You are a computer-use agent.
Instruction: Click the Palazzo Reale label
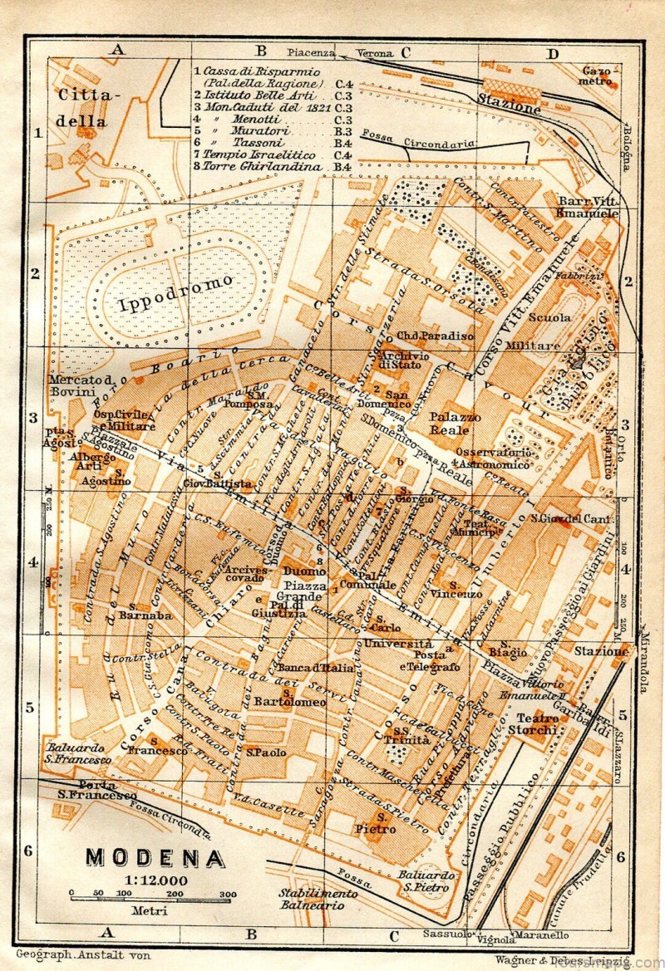[451, 423]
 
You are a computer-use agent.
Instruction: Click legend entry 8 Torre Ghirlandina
[259, 166]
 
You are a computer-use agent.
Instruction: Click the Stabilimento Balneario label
[318, 900]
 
